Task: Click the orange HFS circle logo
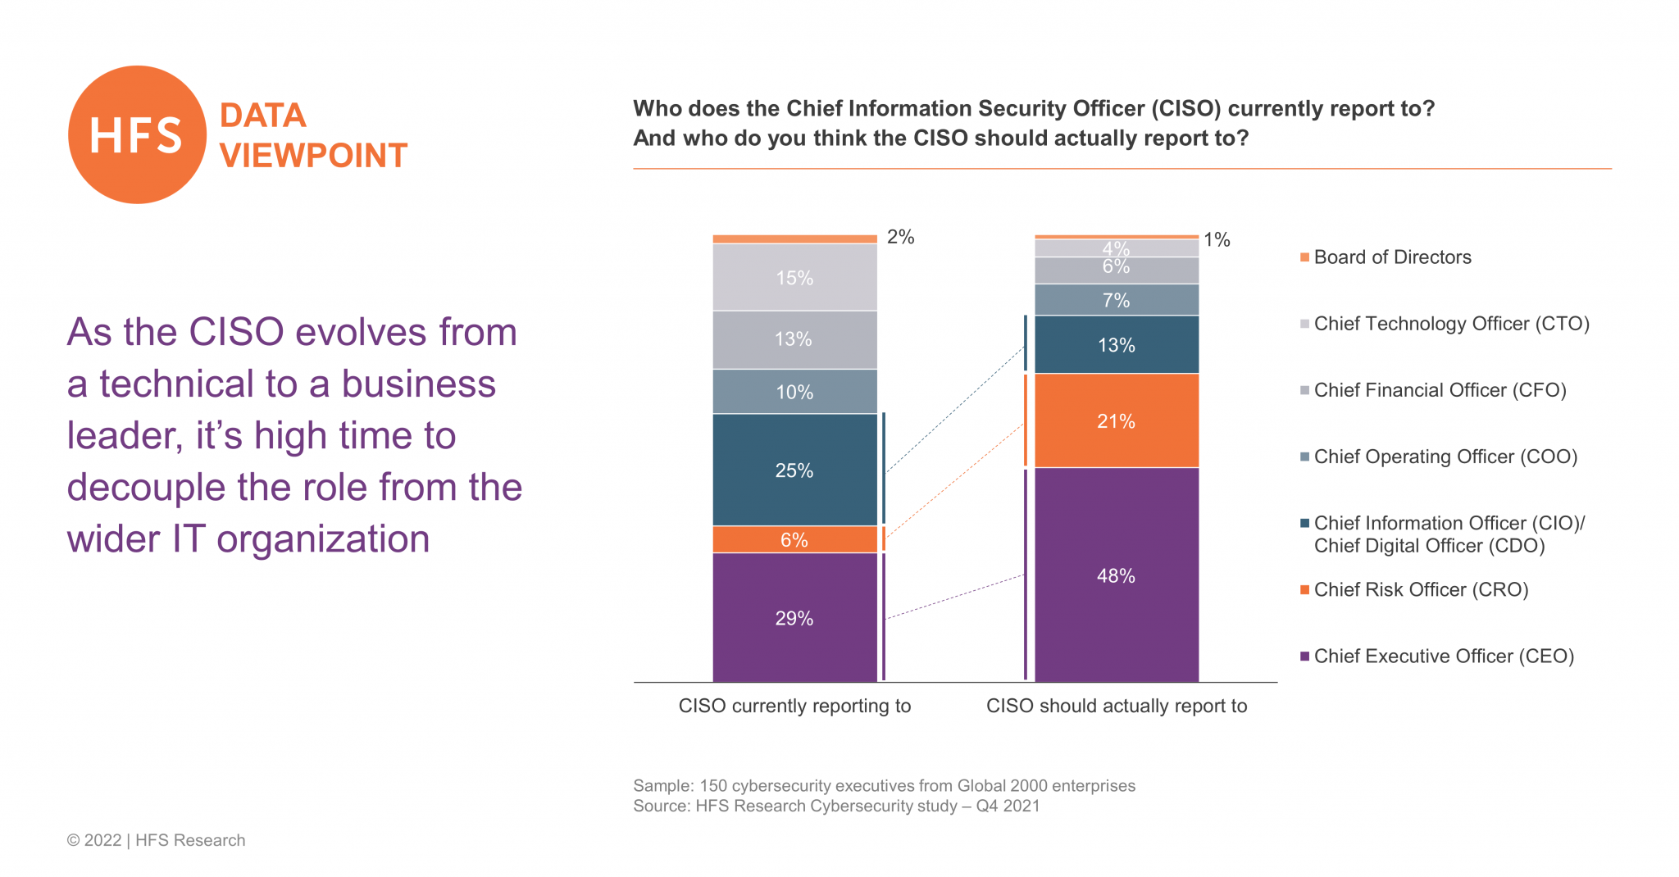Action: pos(137,134)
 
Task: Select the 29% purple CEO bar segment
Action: pos(794,617)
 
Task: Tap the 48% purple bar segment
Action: pos(1116,575)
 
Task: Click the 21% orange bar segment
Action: pos(1116,420)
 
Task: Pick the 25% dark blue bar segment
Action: pos(794,470)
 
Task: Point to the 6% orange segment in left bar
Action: pos(794,539)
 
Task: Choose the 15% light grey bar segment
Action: pos(794,277)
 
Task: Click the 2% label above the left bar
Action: pos(900,237)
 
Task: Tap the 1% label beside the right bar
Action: pos(1217,239)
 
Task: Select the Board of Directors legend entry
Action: pos(1392,257)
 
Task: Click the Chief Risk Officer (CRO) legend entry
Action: pos(1420,589)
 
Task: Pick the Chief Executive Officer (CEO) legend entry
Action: pos(1443,656)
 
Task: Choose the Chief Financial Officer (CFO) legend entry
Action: pos(1439,390)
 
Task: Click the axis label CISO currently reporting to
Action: pos(794,706)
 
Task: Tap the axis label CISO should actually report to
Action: pos(1116,706)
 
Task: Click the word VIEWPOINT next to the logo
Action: pos(313,156)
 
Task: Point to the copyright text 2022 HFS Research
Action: pos(156,840)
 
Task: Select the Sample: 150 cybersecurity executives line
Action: pos(884,785)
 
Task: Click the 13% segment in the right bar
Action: pos(1116,345)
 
